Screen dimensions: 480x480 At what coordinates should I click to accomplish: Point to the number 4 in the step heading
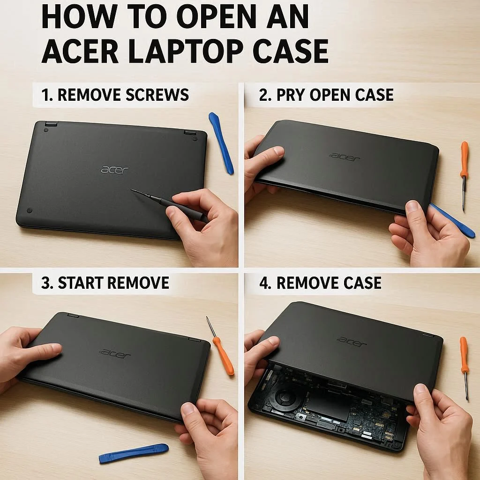[x=263, y=283]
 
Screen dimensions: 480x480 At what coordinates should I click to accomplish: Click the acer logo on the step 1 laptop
[x=115, y=169]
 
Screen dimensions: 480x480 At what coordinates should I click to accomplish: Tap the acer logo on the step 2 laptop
[x=345, y=157]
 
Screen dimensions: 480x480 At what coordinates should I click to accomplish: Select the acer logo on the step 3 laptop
[x=115, y=353]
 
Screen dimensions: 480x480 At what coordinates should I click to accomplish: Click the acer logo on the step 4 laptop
[x=352, y=342]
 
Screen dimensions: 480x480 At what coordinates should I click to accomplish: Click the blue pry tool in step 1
[x=221, y=142]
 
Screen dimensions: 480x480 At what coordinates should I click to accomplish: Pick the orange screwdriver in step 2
[x=465, y=176]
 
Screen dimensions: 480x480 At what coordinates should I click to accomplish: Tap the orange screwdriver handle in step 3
[x=224, y=356]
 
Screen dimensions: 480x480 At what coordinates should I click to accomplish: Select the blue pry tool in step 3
[x=134, y=453]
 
